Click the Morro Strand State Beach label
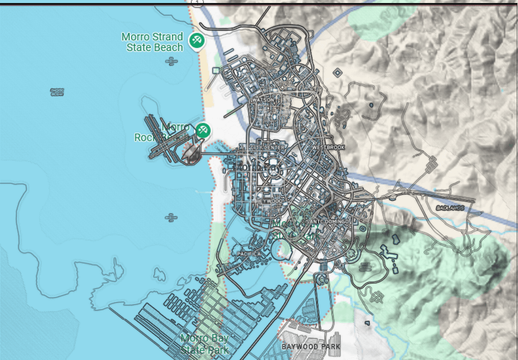coord(153,42)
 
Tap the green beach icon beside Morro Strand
coord(196,41)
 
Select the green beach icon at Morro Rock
coord(204,129)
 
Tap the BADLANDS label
coord(450,208)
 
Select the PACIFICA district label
coord(249,253)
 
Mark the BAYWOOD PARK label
coord(310,347)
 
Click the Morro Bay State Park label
coord(205,344)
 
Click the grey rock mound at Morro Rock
coord(192,153)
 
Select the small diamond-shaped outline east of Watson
coord(337,73)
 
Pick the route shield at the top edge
coord(196,2)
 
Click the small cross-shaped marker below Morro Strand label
coord(172,61)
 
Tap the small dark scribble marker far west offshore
coord(57,92)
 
